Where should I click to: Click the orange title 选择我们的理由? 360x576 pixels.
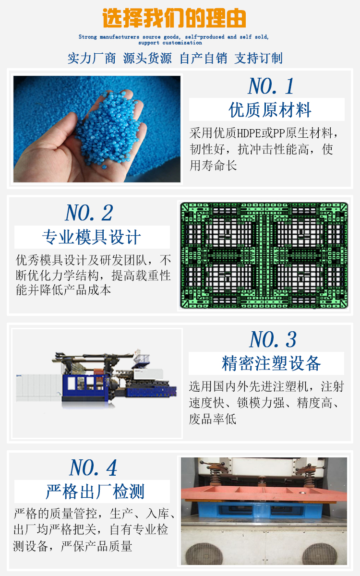[174, 18]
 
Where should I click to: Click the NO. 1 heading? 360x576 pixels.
[271, 86]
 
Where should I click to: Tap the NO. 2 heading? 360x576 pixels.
[89, 213]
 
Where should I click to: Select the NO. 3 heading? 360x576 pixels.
[273, 339]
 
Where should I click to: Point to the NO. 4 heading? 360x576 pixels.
[93, 468]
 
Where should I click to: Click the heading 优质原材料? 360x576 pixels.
[270, 110]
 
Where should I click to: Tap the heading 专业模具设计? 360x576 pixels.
[92, 237]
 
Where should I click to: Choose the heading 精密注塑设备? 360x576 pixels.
[271, 363]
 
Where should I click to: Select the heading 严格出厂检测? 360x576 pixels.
[95, 492]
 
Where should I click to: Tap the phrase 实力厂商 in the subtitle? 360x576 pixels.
[92, 58]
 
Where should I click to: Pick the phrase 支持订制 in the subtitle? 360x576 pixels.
[258, 58]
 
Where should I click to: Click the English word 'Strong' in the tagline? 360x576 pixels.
[88, 37]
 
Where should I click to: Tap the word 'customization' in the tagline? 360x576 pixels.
[182, 43]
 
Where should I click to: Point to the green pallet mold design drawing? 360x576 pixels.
[264, 255]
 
